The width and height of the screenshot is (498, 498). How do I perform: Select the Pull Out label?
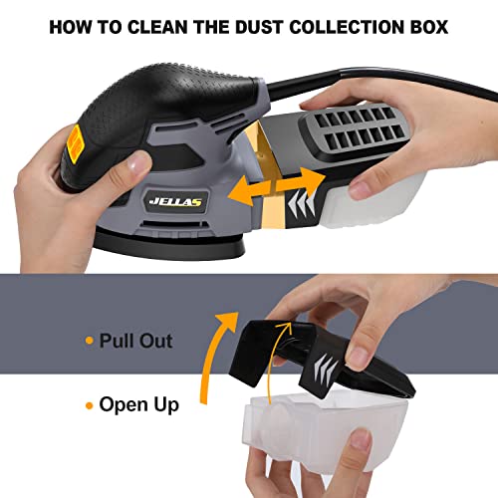136,342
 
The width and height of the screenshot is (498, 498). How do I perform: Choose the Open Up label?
138,405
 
